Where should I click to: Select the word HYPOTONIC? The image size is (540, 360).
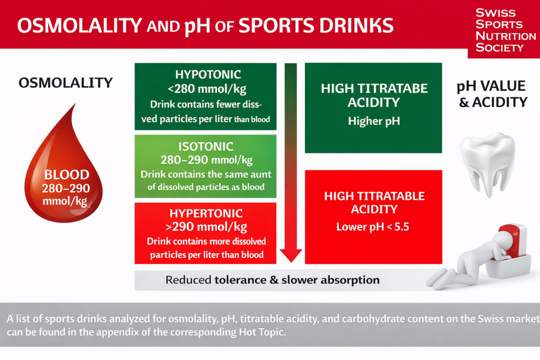point(208,74)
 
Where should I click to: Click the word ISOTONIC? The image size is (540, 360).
point(206,147)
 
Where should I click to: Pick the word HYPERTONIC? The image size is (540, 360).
point(206,213)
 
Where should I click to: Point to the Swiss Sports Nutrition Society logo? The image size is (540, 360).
point(505,30)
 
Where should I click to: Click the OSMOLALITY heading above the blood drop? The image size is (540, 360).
point(65,83)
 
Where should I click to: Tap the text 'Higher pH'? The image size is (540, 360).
point(374,121)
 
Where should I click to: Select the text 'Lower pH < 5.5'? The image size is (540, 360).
point(373,227)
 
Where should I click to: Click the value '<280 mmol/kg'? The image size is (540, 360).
point(207,89)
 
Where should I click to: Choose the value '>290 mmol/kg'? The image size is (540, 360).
point(206,227)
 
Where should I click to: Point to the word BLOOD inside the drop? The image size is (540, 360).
point(66,174)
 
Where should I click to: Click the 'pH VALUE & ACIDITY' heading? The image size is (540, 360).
point(492,94)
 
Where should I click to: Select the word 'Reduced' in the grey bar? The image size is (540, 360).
point(188,280)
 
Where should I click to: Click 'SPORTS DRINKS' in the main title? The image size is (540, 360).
point(316,26)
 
